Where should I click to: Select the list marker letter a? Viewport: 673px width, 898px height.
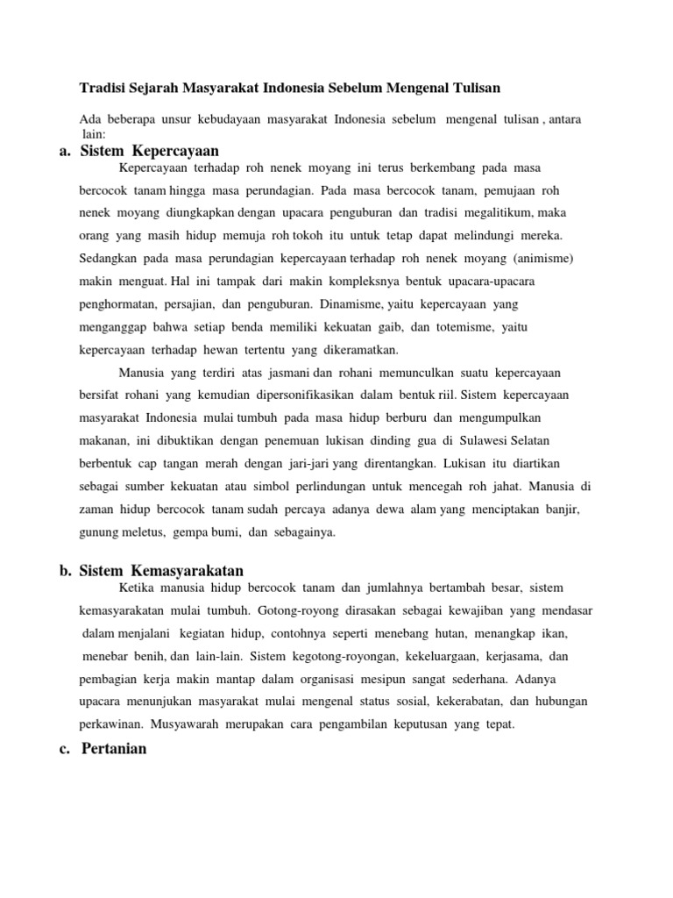click(65, 151)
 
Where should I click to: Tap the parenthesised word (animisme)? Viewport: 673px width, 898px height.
click(556, 260)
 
